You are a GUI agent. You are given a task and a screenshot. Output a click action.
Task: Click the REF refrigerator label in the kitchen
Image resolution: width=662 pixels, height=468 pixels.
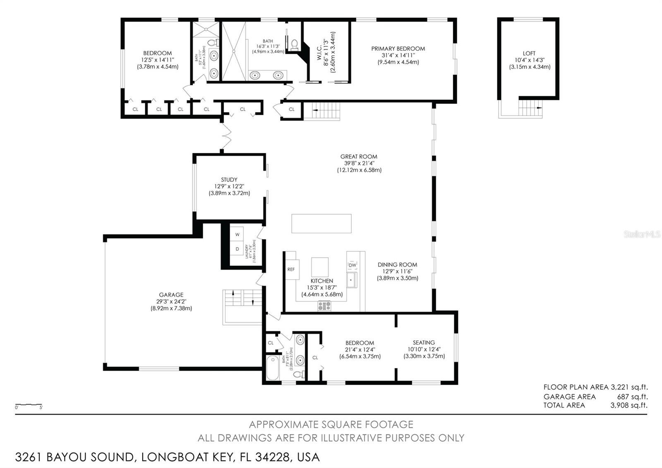click(x=291, y=270)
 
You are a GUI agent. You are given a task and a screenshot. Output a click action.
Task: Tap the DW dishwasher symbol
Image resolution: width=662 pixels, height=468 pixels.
click(x=352, y=265)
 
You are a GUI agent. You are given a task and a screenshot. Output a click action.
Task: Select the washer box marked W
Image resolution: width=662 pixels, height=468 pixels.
click(x=237, y=234)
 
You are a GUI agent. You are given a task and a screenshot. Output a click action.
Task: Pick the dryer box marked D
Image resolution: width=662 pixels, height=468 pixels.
click(x=237, y=249)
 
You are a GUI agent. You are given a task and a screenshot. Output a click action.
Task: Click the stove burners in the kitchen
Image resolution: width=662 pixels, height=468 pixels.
click(x=324, y=306)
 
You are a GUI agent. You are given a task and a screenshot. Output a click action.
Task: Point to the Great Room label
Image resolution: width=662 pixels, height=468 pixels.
click(x=359, y=157)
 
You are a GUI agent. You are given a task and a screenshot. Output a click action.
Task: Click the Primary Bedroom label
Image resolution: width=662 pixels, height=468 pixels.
click(x=398, y=48)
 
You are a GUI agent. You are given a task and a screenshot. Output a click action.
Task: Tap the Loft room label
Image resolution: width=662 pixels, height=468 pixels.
click(x=529, y=53)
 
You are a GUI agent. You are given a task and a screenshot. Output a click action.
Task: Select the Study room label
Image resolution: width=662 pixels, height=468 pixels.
click(x=229, y=180)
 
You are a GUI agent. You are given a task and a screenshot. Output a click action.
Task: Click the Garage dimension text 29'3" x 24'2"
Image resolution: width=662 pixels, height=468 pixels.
click(x=171, y=302)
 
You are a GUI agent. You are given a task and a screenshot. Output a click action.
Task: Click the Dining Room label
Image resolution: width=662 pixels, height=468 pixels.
click(x=397, y=265)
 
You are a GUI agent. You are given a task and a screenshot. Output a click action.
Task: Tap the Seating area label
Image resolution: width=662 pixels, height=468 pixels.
click(x=424, y=343)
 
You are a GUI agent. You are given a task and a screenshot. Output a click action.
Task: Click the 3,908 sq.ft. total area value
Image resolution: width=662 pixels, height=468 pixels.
click(x=629, y=405)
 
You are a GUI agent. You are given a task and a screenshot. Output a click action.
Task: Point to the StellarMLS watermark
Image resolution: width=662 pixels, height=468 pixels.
click(x=642, y=234)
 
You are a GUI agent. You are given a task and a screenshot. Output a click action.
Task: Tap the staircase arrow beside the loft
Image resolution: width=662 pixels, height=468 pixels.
click(x=539, y=107)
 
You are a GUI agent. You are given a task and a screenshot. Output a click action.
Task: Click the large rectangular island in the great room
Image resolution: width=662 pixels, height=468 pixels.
click(x=321, y=224)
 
